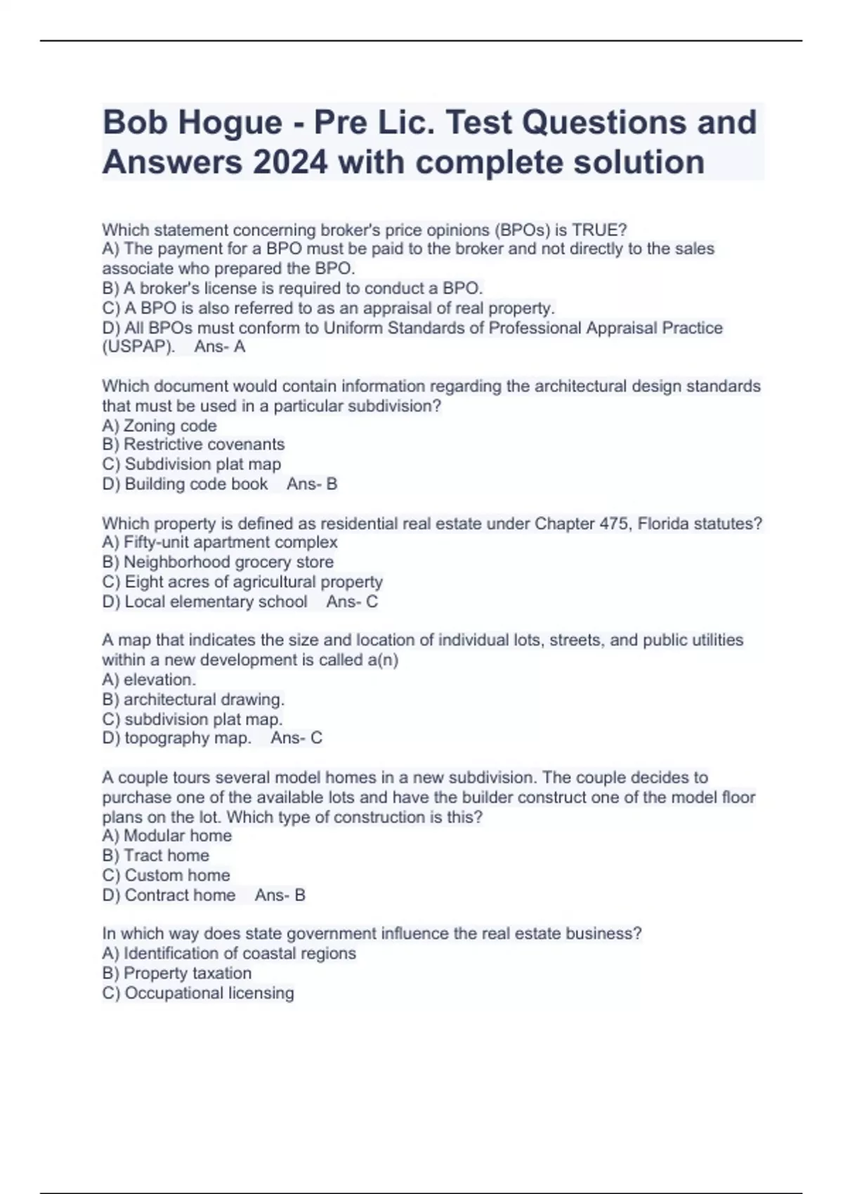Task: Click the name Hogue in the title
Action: pos(230,124)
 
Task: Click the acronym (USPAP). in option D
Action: pos(138,347)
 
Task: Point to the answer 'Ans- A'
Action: pos(220,347)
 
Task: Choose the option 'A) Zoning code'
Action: pos(159,426)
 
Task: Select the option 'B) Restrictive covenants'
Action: pos(193,445)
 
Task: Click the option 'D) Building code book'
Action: pos(185,484)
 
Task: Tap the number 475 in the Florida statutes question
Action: pos(615,523)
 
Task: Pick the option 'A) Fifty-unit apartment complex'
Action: pos(220,542)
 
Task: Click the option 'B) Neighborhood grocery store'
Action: pos(218,562)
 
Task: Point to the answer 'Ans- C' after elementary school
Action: pos(352,602)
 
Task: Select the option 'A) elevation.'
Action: pos(149,680)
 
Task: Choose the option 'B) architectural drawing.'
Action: pos(193,700)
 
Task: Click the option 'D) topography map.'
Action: pos(176,738)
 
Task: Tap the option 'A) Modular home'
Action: pos(167,836)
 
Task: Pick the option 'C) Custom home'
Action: pos(166,875)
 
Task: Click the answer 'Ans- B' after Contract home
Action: pos(280,895)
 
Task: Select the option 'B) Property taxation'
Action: pos(177,973)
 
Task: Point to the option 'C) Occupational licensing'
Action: pos(198,993)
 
